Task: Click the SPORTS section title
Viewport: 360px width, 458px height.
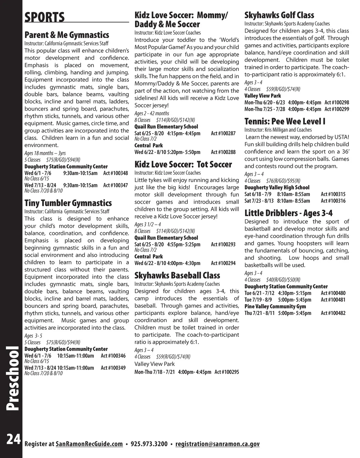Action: coord(45,17)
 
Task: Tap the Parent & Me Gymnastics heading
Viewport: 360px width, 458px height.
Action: coord(66,35)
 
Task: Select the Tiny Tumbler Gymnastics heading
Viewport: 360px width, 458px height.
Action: coord(68,203)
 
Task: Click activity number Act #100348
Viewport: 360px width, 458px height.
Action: coord(115,173)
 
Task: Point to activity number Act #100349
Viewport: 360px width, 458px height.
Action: coord(113,368)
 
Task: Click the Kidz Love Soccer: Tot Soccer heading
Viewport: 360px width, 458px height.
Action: coord(183,165)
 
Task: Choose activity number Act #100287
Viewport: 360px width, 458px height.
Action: coord(223,134)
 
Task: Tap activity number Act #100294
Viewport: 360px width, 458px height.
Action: coord(223,263)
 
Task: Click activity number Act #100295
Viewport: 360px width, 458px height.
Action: coord(227,372)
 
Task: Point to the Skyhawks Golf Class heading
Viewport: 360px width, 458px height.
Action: coord(279,15)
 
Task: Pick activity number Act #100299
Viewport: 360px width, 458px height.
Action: coord(337,109)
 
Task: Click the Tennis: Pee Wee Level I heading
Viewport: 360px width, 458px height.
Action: coord(285,122)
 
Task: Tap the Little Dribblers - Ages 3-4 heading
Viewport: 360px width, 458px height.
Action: coord(288,213)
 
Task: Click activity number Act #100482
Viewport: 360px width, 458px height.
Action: coord(333,313)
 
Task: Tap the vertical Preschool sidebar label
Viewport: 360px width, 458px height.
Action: coord(13,378)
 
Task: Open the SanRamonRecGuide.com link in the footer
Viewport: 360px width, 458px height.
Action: coord(89,444)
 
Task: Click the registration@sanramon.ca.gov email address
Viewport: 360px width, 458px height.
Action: coord(217,444)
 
